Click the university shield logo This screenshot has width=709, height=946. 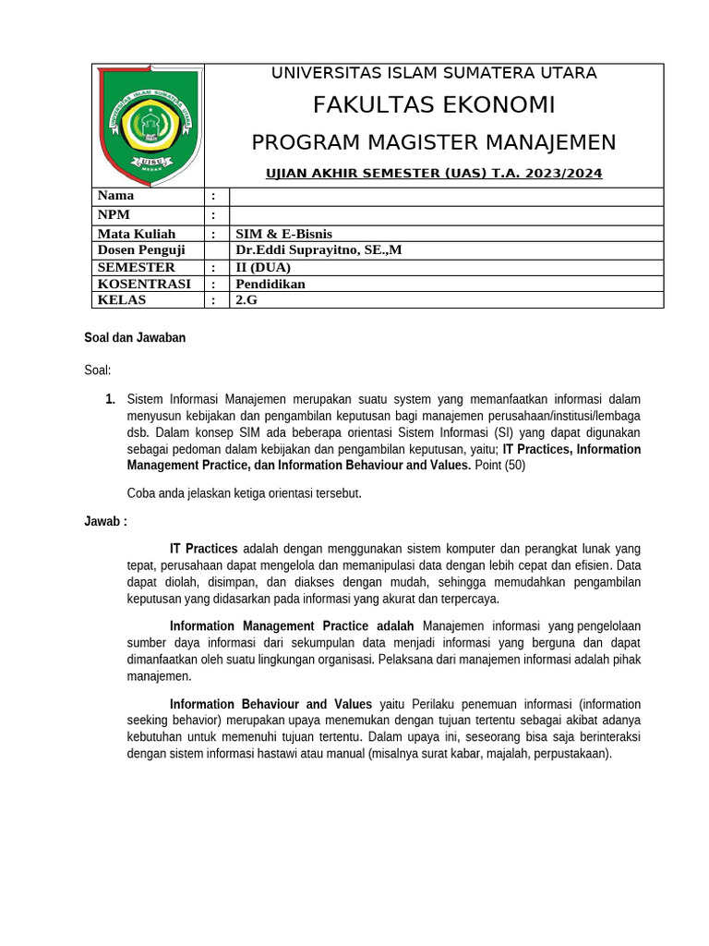pyautogui.click(x=148, y=125)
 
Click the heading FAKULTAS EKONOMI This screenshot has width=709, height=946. pyautogui.click(x=434, y=105)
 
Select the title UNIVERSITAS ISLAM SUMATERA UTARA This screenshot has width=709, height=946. pyautogui.click(x=434, y=73)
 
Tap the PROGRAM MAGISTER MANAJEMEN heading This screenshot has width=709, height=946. pyautogui.click(x=434, y=142)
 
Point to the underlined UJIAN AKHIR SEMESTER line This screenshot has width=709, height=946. pyautogui.click(x=434, y=174)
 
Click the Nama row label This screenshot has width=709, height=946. pyautogui.click(x=116, y=196)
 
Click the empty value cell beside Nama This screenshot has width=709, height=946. pyautogui.click(x=446, y=196)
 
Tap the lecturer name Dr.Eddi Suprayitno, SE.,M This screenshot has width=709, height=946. pyautogui.click(x=318, y=250)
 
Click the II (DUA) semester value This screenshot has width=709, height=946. pyautogui.click(x=263, y=267)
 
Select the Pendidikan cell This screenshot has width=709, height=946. pyautogui.click(x=270, y=284)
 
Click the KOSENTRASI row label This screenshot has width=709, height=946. pyautogui.click(x=144, y=284)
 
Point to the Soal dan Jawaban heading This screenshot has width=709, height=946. pyautogui.click(x=135, y=338)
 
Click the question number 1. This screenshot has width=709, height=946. pyautogui.click(x=110, y=399)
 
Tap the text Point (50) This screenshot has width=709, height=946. pyautogui.click(x=500, y=466)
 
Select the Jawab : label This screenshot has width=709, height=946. pyautogui.click(x=105, y=522)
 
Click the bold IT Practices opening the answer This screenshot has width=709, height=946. pyautogui.click(x=204, y=549)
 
